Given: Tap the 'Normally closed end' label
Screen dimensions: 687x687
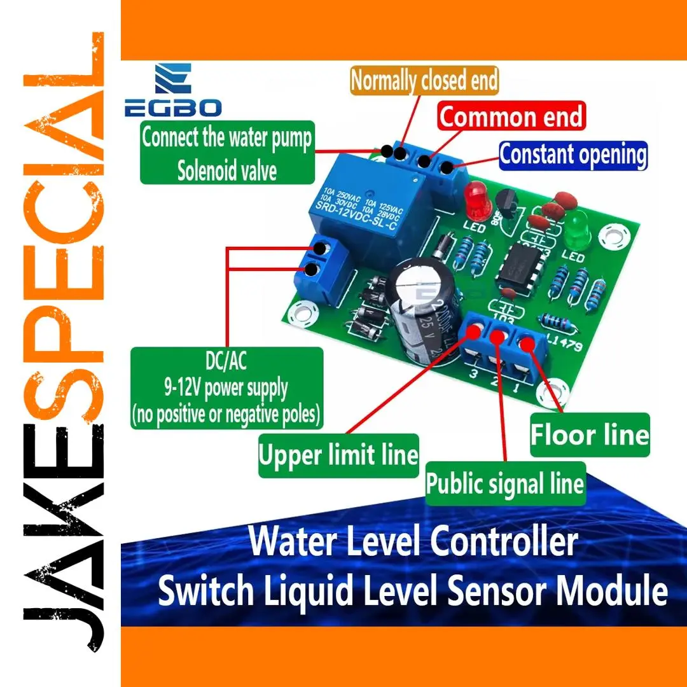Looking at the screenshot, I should point(424,81).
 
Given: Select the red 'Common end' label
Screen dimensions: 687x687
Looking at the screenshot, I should point(511,117).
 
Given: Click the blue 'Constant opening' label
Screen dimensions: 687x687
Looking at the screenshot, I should point(572,155).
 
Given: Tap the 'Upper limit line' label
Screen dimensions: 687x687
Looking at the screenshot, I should point(338,455).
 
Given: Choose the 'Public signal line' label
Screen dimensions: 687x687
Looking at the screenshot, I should point(505,484).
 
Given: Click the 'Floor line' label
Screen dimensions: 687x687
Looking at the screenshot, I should point(590,435).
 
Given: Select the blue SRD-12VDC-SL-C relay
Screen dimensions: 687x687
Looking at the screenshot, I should point(367,210).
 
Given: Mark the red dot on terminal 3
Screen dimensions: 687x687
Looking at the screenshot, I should point(474,330).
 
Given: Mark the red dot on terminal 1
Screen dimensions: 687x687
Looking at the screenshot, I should point(527,344).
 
